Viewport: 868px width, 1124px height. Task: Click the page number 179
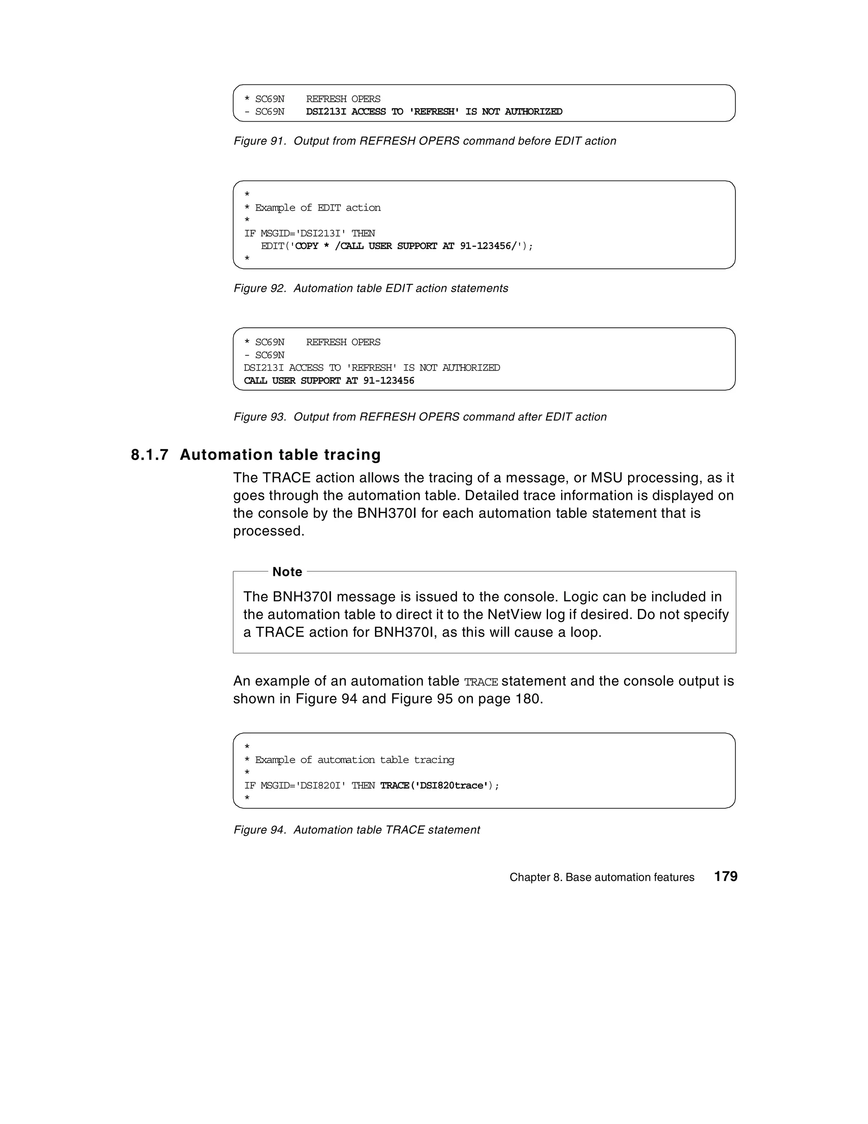coord(726,876)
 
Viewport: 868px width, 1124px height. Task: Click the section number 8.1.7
coord(150,455)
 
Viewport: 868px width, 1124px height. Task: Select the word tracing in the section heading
coord(352,455)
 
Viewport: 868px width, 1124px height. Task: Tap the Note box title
coord(287,572)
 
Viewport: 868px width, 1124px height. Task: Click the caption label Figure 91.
coord(260,141)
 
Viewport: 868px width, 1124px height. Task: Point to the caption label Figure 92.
coord(260,288)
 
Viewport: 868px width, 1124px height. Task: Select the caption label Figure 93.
coord(260,417)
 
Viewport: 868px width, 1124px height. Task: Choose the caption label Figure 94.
coord(260,830)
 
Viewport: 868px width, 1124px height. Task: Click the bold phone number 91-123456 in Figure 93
coord(389,381)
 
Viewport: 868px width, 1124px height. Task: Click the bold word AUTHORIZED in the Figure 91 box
coord(533,112)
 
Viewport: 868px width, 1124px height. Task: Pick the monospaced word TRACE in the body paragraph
coord(481,682)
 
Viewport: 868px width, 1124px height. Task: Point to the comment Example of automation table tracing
coord(354,760)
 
